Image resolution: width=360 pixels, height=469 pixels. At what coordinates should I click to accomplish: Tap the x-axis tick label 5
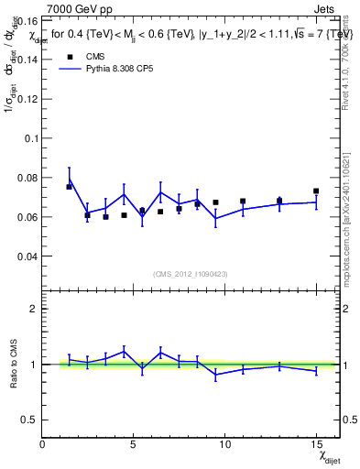coord(133,444)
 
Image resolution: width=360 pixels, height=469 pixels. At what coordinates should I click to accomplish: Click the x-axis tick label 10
coord(224,444)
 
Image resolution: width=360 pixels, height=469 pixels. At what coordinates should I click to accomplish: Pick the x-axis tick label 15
coord(315,444)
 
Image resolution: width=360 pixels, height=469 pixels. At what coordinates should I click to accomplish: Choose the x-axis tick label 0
coord(42,444)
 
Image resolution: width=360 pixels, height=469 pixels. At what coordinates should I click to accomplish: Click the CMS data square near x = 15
coord(316,191)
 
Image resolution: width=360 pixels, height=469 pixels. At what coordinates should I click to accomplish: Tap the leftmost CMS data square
coord(69,187)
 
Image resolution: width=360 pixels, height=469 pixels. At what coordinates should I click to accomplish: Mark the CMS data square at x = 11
coord(243,202)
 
